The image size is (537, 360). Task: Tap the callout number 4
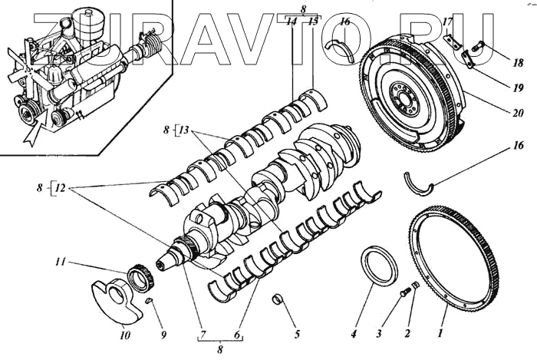pyautogui.click(x=354, y=335)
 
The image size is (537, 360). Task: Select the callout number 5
pyautogui.click(x=297, y=335)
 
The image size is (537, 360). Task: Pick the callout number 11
pyautogui.click(x=80, y=262)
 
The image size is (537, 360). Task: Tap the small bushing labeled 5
pyautogui.click(x=280, y=299)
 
